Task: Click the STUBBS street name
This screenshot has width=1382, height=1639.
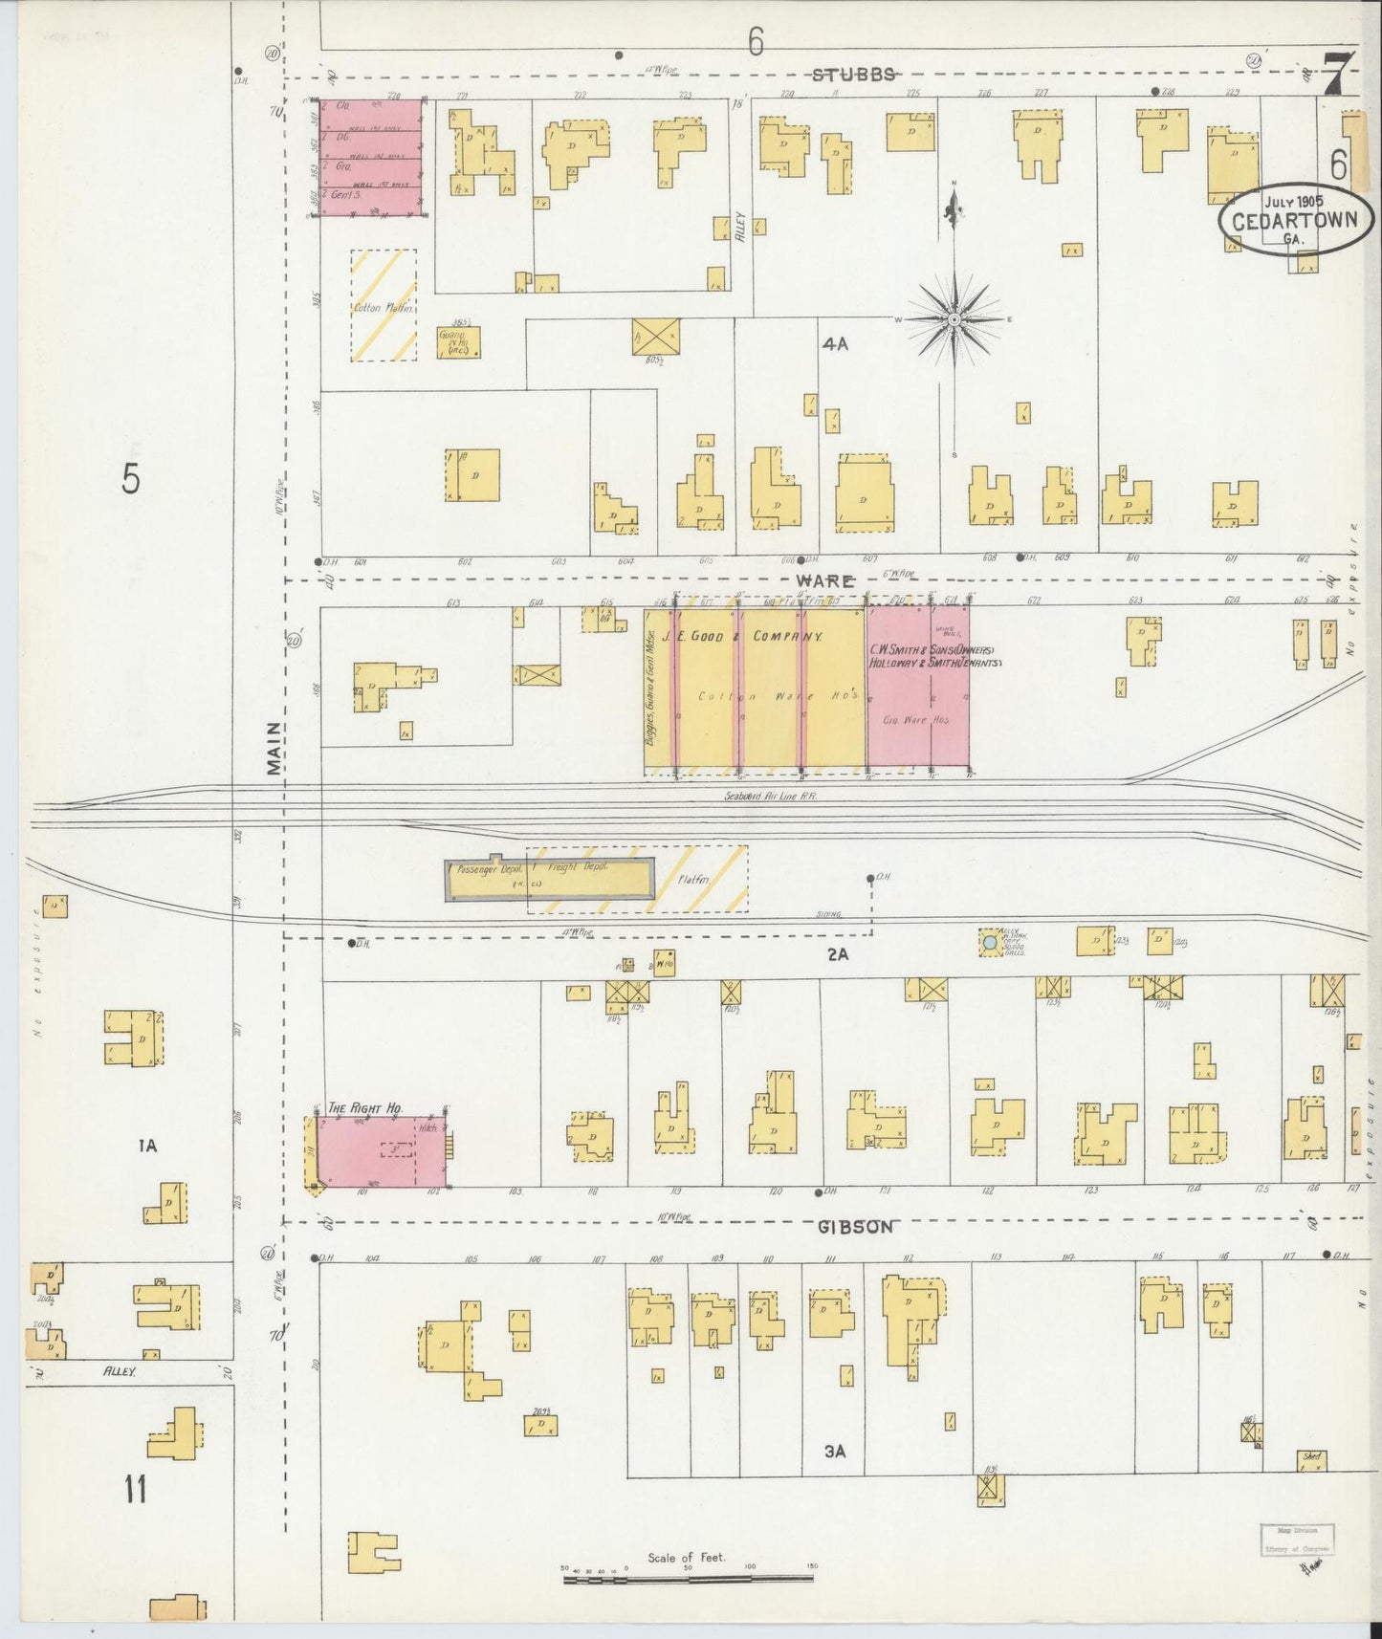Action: pyautogui.click(x=854, y=75)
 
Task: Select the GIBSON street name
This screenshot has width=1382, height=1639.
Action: pyautogui.click(x=855, y=1227)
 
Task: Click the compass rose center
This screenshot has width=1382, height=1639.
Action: pyautogui.click(x=954, y=319)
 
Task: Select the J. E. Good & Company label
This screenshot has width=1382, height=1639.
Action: pyautogui.click(x=754, y=637)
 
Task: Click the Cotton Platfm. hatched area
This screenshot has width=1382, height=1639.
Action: pyautogui.click(x=384, y=305)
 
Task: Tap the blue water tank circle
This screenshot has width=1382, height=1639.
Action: pyautogui.click(x=990, y=943)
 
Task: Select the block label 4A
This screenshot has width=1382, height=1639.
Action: pyautogui.click(x=835, y=344)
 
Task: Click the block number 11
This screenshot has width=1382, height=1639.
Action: pyautogui.click(x=135, y=1489)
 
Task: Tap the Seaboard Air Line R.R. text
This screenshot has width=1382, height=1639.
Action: pyautogui.click(x=770, y=796)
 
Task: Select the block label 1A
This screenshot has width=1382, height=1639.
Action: pyautogui.click(x=146, y=1145)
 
